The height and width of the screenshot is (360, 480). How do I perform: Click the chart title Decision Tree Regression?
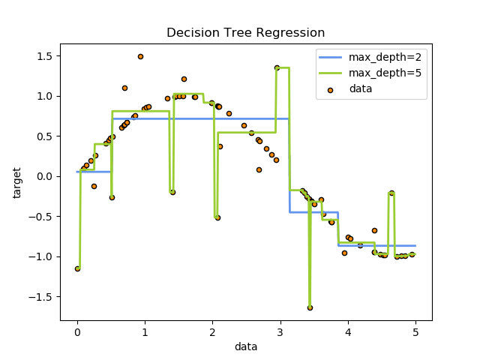pyautogui.click(x=245, y=33)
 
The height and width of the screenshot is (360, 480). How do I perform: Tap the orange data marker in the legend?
pyautogui.click(x=330, y=88)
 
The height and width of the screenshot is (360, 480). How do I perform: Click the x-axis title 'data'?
pyautogui.click(x=245, y=346)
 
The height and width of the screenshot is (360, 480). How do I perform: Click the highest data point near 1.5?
pyautogui.click(x=140, y=56)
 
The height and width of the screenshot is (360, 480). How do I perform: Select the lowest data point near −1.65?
pyautogui.click(x=310, y=307)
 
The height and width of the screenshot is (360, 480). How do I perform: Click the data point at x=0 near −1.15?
pyautogui.click(x=77, y=268)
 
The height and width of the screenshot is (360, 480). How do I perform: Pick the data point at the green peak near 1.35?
pyautogui.click(x=277, y=67)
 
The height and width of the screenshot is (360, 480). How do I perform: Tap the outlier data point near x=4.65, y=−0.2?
pyautogui.click(x=391, y=193)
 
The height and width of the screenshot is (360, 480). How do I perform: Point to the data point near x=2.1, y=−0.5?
pyautogui.click(x=217, y=217)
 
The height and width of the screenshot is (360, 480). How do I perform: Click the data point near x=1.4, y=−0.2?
pyautogui.click(x=172, y=192)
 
